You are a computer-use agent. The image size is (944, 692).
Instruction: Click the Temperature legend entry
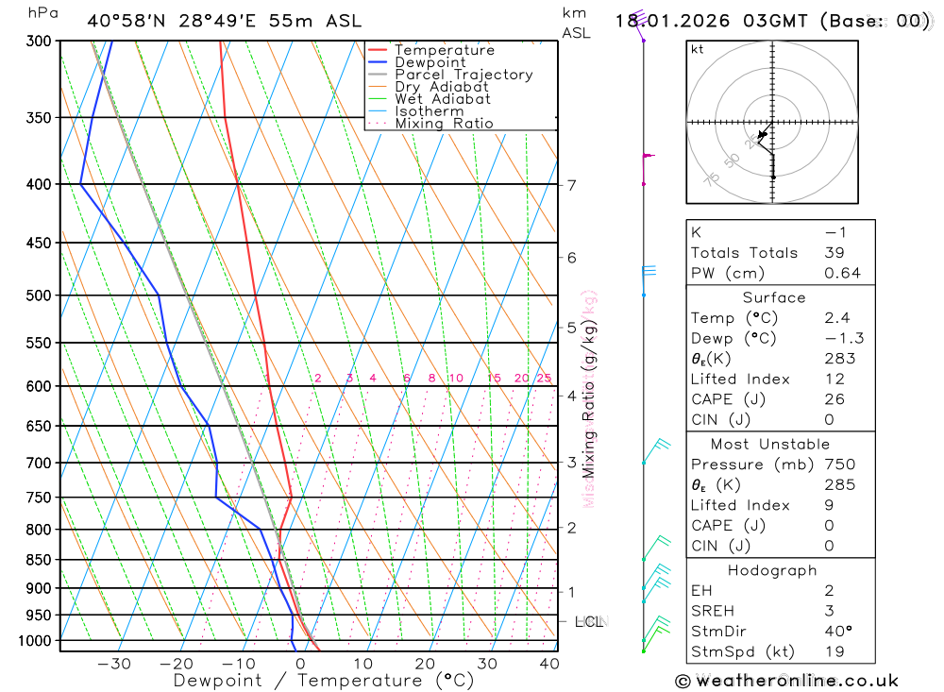pyautogui.click(x=444, y=50)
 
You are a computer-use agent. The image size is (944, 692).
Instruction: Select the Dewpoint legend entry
pyautogui.click(x=430, y=62)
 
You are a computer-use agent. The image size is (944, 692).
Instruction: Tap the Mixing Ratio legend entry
pyautogui.click(x=444, y=124)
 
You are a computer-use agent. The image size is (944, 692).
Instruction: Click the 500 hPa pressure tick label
pyautogui.click(x=39, y=295)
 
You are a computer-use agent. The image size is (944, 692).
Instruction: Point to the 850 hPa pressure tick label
pyautogui.click(x=39, y=560)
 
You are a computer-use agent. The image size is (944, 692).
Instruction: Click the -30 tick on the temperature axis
pyautogui.click(x=114, y=664)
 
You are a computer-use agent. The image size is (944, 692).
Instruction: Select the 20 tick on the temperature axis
pyautogui.click(x=425, y=664)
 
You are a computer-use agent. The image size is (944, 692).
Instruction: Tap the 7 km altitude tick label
pyautogui.click(x=571, y=185)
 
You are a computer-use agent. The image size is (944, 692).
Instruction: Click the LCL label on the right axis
pyautogui.click(x=589, y=621)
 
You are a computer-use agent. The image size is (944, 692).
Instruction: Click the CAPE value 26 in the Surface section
pyautogui.click(x=834, y=399)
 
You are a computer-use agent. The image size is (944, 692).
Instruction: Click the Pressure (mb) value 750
pyautogui.click(x=839, y=464)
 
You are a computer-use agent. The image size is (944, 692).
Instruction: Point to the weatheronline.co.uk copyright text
pyautogui.click(x=787, y=681)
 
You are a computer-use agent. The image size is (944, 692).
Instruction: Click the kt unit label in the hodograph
pyautogui.click(x=698, y=49)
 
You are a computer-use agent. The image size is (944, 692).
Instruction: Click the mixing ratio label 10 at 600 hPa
pyautogui.click(x=455, y=379)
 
